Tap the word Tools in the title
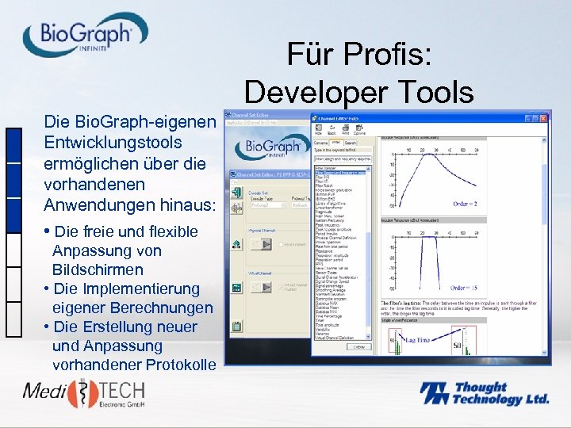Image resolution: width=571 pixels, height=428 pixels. pos(435,93)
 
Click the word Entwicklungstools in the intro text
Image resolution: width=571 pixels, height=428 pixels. pos(113,143)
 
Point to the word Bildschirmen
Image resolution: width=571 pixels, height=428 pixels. pos(98,269)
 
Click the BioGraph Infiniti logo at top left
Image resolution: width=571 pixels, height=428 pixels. pos(85,36)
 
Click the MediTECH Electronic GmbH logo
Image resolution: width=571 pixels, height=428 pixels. pos(82,394)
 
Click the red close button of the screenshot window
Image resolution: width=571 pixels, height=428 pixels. pos(542,119)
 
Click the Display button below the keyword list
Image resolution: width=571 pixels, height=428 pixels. pos(359,346)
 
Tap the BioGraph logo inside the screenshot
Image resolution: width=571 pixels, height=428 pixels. pos(271,146)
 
